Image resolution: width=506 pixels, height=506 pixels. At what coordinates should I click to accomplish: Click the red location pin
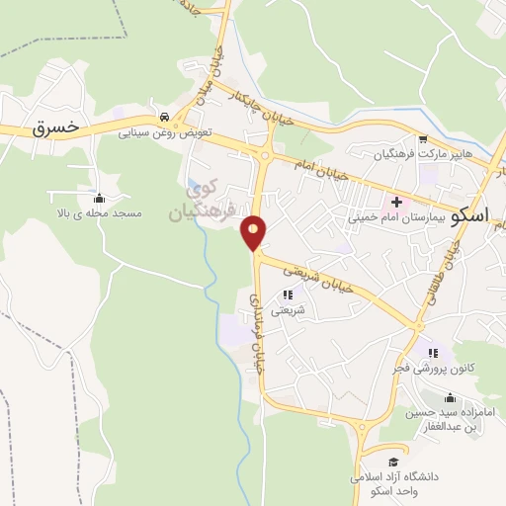coord(254,231)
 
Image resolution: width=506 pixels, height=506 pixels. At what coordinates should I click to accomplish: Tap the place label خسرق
coord(54,128)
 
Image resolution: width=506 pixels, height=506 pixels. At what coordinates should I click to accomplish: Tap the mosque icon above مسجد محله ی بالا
coord(99,198)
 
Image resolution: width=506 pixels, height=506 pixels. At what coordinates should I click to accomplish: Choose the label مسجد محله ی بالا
coord(99,213)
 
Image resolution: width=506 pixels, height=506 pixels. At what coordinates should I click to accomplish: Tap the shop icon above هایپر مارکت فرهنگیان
coord(423,139)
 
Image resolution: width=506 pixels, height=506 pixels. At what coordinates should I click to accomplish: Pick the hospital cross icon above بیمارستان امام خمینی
coord(395,203)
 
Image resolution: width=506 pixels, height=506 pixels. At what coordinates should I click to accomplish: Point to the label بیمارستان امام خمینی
coord(396,218)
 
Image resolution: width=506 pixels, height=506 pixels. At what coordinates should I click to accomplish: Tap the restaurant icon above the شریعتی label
coord(288,295)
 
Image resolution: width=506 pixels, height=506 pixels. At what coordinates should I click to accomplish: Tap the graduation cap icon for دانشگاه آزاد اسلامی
coord(392,462)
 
